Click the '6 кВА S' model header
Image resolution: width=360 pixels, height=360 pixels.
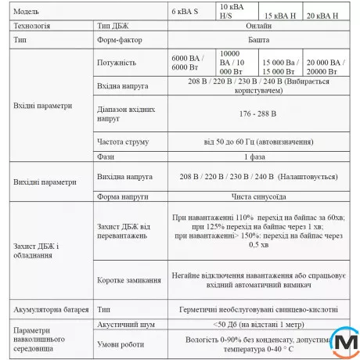[x=185, y=14]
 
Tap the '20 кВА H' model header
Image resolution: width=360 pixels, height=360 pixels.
[x=322, y=14]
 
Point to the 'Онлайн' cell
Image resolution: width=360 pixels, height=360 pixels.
[x=257, y=26]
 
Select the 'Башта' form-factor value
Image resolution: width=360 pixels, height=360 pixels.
[x=257, y=41]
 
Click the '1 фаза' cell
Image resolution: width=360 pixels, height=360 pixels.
[x=257, y=157]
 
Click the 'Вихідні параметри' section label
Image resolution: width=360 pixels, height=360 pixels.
[x=45, y=182]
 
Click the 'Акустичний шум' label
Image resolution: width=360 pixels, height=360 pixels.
[x=124, y=322]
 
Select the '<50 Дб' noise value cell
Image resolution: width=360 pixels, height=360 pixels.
[x=257, y=322]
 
